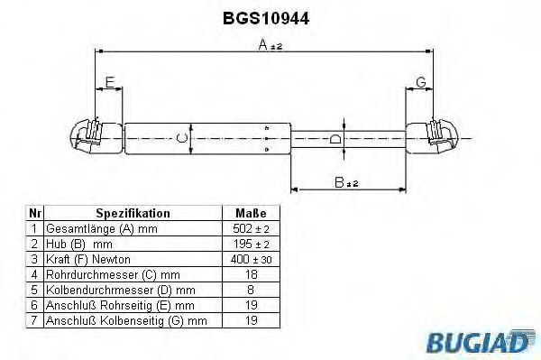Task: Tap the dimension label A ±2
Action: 268,46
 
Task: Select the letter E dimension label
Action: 110,83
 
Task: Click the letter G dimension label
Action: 420,83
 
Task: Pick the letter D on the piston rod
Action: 335,138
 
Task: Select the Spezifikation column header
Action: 133,214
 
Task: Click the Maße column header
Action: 250,214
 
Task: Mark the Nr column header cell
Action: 34,214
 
